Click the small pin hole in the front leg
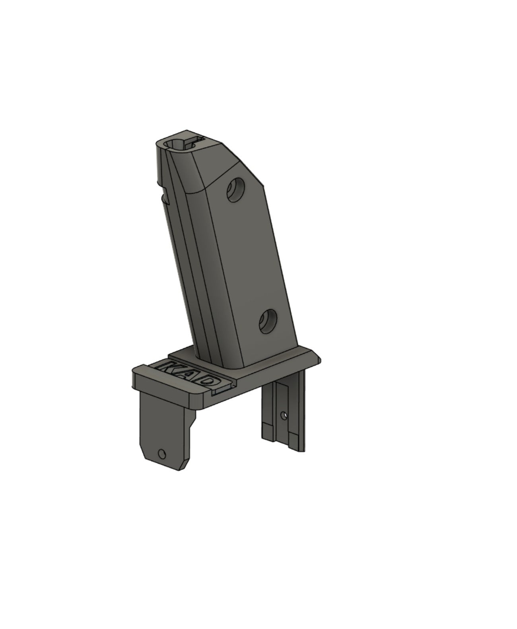click(161, 453)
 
